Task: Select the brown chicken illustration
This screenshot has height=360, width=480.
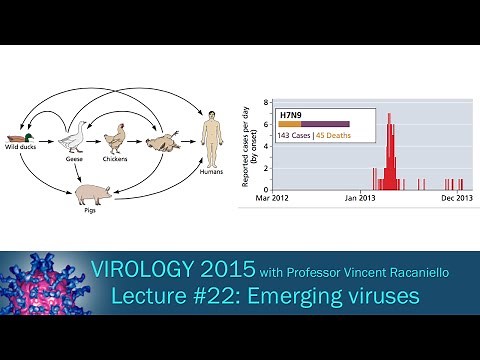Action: pos(118,137)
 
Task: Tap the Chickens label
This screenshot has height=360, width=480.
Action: pos(118,158)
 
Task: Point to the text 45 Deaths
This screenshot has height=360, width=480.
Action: pos(333,136)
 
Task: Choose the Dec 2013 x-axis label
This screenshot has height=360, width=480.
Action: pos(455,199)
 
